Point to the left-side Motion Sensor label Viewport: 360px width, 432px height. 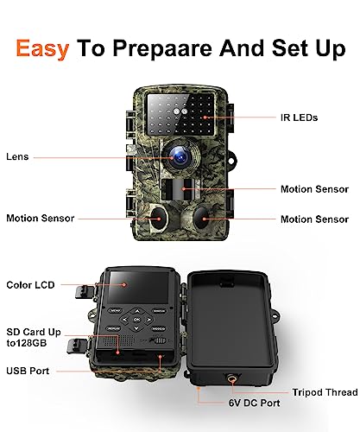click(41, 219)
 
